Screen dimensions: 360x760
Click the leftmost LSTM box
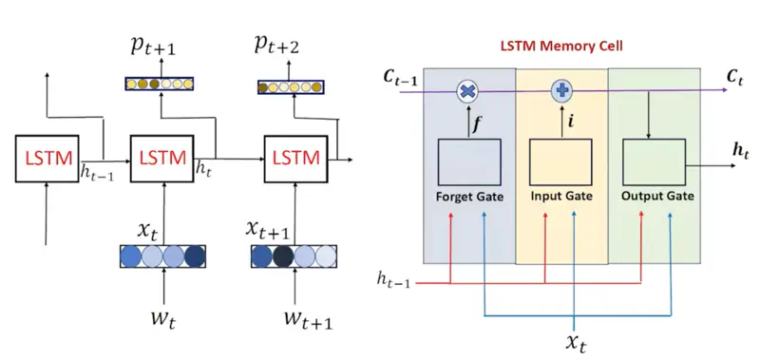(45, 157)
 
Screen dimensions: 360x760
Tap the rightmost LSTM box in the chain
(294, 157)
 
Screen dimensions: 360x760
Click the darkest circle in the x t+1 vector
(283, 256)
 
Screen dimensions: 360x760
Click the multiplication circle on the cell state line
(467, 90)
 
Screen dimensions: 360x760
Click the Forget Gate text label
(469, 197)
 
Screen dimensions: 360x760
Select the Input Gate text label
(561, 197)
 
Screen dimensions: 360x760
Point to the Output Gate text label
(656, 197)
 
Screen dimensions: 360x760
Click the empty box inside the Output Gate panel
(654, 161)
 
